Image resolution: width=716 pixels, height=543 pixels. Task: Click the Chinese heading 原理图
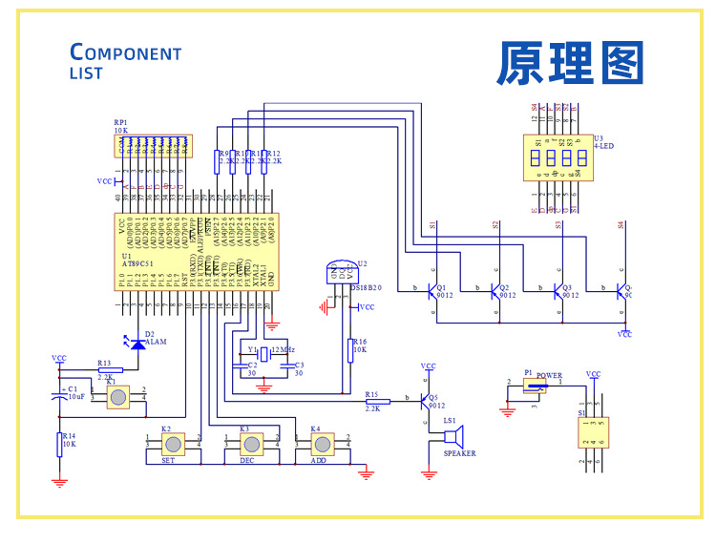click(570, 64)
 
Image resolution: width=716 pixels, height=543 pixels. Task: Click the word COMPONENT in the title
click(126, 52)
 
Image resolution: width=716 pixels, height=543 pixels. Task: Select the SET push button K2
click(173, 444)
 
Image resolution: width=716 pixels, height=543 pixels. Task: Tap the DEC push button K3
click(251, 444)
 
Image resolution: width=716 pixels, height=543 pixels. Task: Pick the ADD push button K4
click(323, 444)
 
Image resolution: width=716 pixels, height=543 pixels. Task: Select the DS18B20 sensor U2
click(339, 271)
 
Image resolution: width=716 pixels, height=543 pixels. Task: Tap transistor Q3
click(559, 290)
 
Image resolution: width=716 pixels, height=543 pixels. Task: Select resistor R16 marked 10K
click(350, 350)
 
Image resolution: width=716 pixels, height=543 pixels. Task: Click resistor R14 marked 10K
click(59, 444)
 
